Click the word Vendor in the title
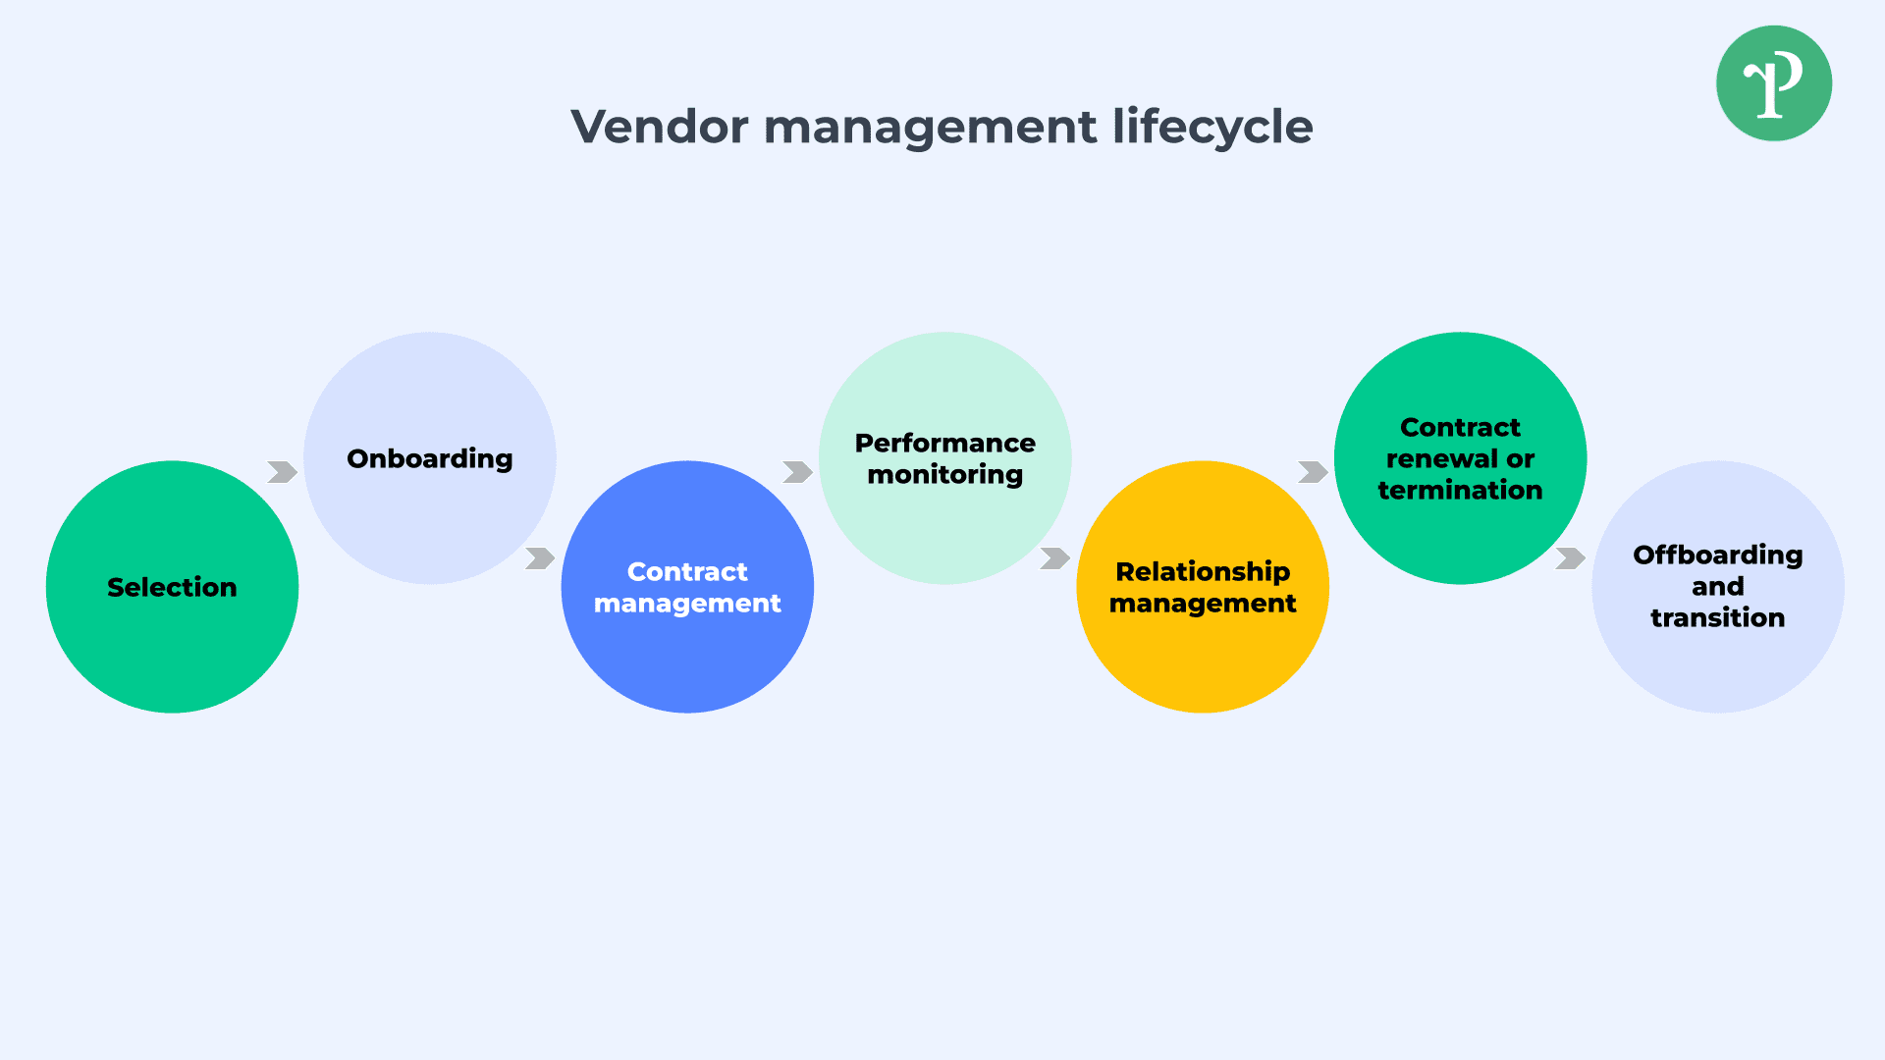(660, 127)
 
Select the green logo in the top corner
(1773, 83)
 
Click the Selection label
(172, 587)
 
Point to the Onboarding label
(429, 458)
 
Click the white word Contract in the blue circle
(687, 571)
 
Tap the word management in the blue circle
(687, 603)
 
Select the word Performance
(944, 443)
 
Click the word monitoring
(944, 474)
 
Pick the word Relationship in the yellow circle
(1203, 571)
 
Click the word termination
(1460, 490)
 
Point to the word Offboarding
(1717, 555)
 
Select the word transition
(1717, 617)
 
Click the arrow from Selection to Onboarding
(282, 472)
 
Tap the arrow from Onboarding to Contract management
(539, 558)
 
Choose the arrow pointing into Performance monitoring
(797, 472)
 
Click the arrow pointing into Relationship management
(1054, 558)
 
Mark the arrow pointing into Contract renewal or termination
(1313, 472)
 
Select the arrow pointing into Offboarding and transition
(1570, 558)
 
